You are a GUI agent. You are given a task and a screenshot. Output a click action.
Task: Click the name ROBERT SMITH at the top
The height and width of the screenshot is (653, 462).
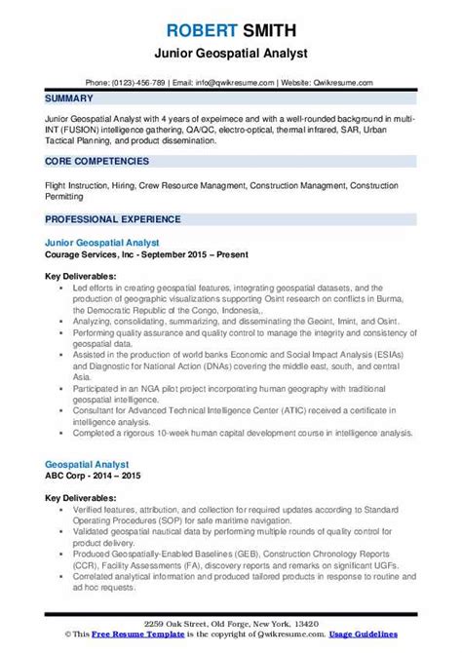click(230, 15)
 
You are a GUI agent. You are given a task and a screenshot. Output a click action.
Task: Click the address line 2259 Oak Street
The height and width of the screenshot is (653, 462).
click(230, 625)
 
